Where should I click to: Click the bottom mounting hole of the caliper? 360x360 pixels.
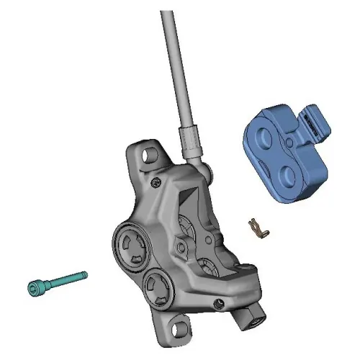point(175,330)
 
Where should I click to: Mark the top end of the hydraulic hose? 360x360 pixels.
point(167,14)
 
